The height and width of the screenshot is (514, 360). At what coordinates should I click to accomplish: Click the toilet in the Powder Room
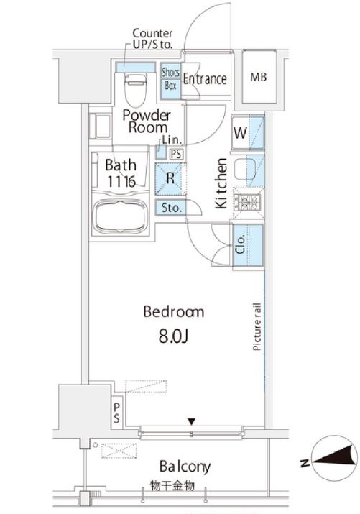click(136, 89)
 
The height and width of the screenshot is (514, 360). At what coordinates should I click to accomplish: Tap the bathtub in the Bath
click(121, 216)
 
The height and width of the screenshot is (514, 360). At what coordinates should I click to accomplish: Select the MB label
click(259, 78)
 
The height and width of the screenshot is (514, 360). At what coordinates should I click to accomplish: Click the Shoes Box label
click(171, 79)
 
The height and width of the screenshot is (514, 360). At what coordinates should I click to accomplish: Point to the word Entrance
click(205, 79)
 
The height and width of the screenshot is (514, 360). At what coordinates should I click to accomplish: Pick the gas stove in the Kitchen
click(247, 203)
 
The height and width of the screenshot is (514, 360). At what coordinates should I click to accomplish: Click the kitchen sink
click(245, 169)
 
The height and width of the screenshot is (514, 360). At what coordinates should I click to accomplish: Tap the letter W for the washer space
click(240, 133)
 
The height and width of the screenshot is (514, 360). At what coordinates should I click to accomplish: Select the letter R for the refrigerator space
click(170, 178)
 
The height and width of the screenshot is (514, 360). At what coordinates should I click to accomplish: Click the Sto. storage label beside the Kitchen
click(171, 208)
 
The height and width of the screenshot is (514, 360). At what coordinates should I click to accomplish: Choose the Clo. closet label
click(241, 244)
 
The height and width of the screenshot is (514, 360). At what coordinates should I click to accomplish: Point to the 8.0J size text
click(173, 336)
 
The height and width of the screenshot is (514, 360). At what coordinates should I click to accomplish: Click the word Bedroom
click(174, 311)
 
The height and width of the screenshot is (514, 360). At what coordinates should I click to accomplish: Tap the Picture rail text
click(257, 327)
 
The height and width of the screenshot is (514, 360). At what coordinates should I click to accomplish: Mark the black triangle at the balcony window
click(192, 421)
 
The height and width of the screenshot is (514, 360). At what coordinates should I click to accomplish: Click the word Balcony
click(185, 467)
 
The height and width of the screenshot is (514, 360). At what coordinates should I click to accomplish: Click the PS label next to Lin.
click(176, 154)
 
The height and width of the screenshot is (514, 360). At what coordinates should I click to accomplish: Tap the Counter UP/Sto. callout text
click(152, 39)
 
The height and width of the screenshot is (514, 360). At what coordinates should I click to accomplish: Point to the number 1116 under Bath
click(121, 182)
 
